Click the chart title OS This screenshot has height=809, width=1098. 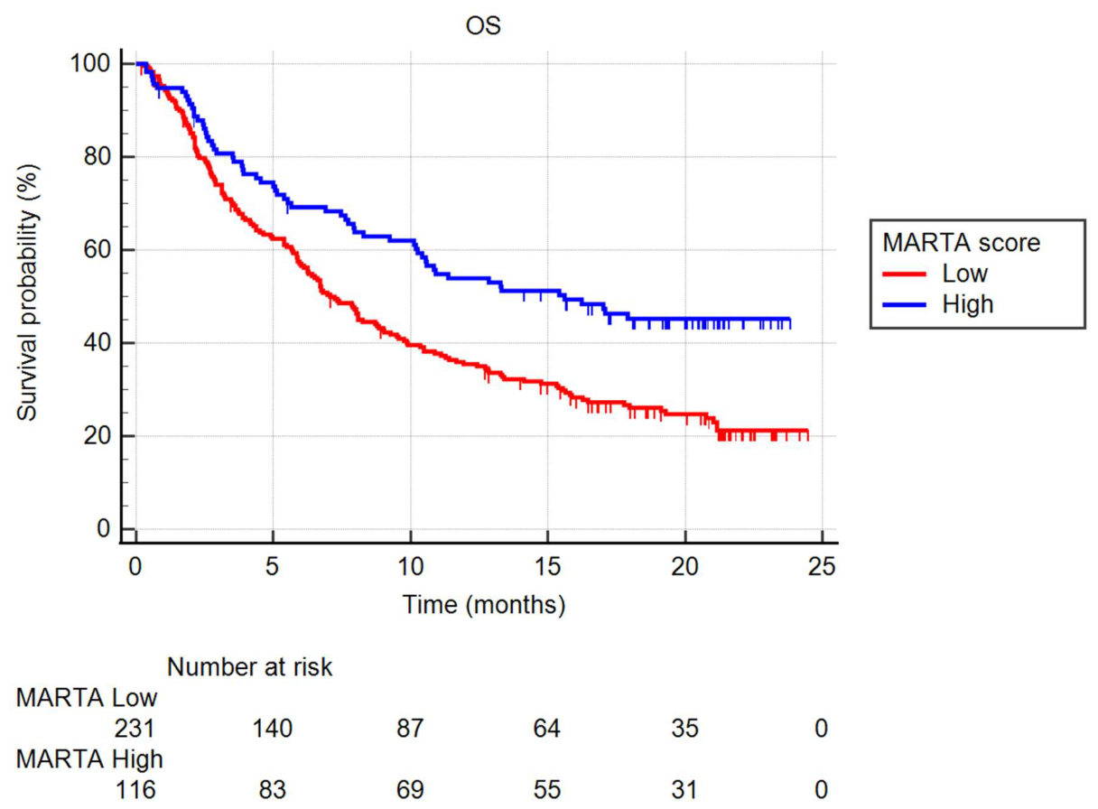click(483, 25)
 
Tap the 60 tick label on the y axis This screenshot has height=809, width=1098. click(97, 249)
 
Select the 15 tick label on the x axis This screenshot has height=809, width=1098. click(547, 567)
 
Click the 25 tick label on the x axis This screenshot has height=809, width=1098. click(822, 567)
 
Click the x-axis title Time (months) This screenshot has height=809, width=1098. click(484, 604)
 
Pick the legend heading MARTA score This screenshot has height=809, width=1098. click(962, 243)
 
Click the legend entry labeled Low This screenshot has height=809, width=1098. click(964, 274)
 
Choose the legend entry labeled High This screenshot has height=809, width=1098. click(968, 304)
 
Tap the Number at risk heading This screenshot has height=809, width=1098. click(249, 667)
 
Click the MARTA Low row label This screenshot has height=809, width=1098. click(87, 698)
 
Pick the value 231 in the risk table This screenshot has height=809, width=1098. click(135, 729)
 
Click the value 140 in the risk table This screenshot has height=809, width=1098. click(273, 729)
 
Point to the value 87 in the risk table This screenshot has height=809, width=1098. click(410, 729)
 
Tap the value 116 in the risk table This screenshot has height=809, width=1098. click(135, 790)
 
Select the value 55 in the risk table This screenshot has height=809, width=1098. click(547, 790)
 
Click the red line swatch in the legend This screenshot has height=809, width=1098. click(905, 274)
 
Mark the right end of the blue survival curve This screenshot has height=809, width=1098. click(790, 320)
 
